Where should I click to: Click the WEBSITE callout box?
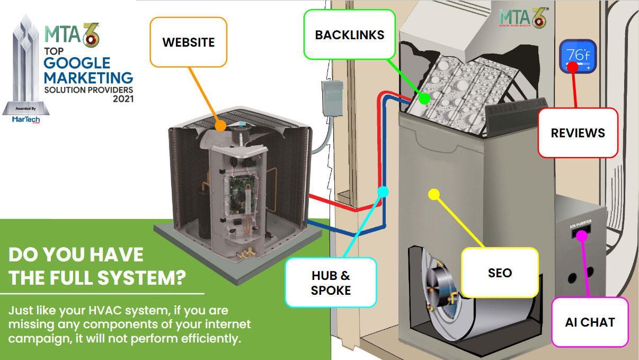pos(188,42)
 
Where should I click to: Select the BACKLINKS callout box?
pos(349,35)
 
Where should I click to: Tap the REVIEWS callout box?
pos(578,133)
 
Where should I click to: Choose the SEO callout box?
pos(500,273)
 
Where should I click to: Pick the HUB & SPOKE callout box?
pos(331,282)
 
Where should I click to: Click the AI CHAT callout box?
pos(589,322)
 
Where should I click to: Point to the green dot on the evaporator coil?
pos(424,98)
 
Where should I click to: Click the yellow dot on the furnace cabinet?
pos(433,194)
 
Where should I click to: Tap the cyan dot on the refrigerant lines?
pos(383,191)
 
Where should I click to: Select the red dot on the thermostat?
pos(572,67)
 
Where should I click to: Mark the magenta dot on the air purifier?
pos(581,236)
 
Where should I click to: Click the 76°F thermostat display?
pos(578,56)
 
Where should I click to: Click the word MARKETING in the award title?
pos(88,76)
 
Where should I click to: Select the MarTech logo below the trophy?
pos(25,120)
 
